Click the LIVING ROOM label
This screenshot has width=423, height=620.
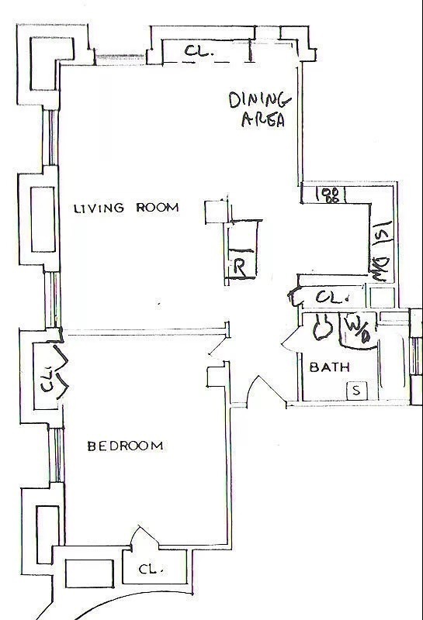tap(126, 208)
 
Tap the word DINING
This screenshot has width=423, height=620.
tap(259, 100)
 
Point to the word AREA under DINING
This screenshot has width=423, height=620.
tap(263, 120)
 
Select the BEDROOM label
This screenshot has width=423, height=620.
tap(125, 446)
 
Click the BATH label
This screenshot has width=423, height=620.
tap(329, 367)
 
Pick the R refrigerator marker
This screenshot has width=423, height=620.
tap(241, 269)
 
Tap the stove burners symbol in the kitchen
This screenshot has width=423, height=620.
tap(332, 195)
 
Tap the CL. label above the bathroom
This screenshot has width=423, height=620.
tap(330, 297)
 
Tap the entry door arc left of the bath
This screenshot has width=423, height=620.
tap(251, 391)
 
